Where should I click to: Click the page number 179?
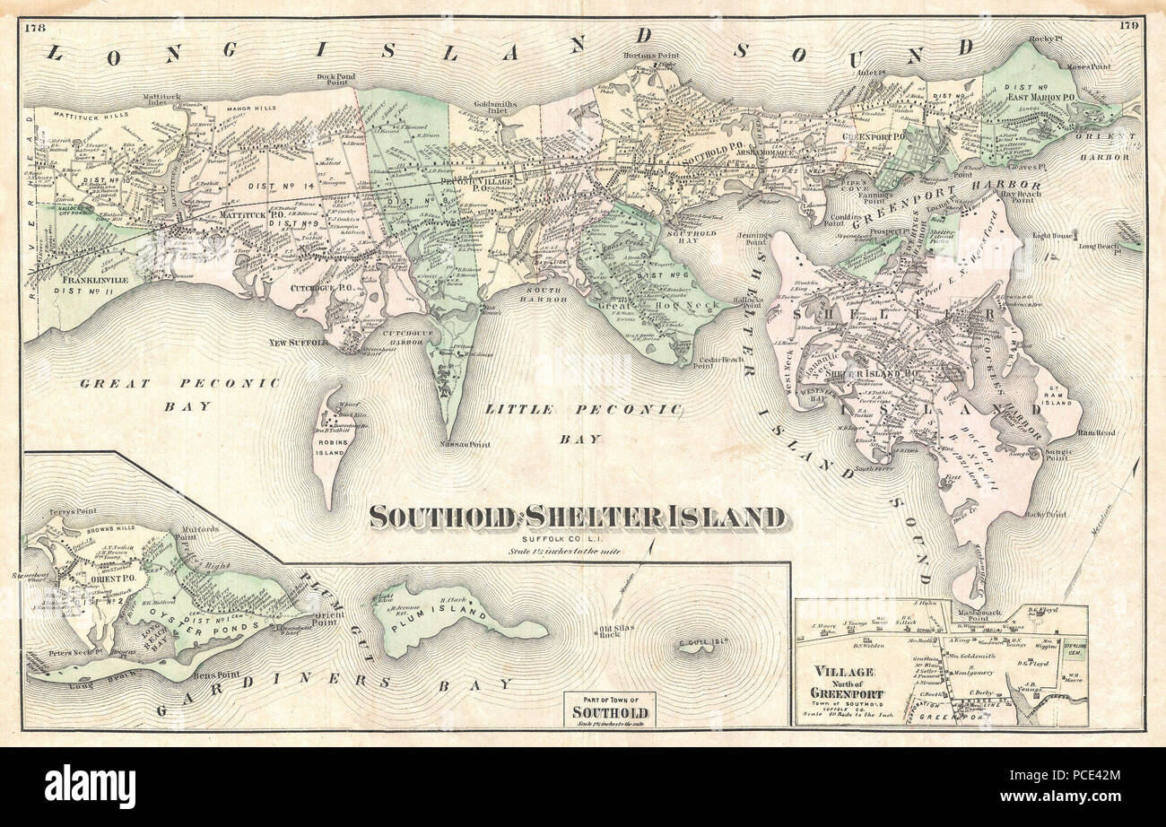(1129, 25)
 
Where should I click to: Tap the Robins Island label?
(329, 447)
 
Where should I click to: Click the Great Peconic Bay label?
(179, 394)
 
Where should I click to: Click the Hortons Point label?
(649, 56)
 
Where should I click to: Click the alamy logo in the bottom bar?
(90, 787)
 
